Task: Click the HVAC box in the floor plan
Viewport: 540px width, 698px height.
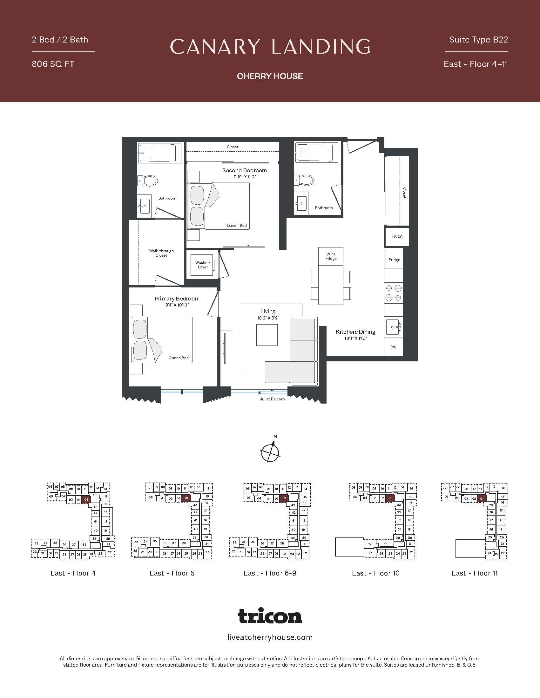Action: point(397,236)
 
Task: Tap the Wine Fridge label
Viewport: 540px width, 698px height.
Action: point(331,256)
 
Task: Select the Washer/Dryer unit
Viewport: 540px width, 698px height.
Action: point(203,265)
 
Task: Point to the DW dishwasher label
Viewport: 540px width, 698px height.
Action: point(394,347)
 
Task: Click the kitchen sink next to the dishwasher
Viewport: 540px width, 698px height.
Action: point(394,327)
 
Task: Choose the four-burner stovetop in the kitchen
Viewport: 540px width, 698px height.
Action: point(394,293)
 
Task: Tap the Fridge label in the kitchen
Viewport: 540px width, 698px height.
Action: point(394,260)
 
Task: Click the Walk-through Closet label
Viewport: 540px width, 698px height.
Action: point(161,253)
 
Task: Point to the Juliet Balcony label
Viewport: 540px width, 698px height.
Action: point(272,399)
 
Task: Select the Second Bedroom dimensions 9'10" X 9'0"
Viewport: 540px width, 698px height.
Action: point(245,177)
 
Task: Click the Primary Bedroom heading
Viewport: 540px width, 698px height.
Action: point(177,299)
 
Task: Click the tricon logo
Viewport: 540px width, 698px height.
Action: point(270,616)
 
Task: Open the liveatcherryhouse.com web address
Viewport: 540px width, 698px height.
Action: point(270,638)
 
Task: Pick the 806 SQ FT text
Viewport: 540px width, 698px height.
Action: point(53,64)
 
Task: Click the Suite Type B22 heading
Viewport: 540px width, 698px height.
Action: point(479,40)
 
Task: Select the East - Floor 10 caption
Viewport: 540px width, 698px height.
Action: point(375,573)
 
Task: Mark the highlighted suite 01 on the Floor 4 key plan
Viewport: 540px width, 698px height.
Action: point(86,499)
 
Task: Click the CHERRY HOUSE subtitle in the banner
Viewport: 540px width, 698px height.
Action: point(270,76)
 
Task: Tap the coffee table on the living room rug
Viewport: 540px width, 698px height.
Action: point(267,335)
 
